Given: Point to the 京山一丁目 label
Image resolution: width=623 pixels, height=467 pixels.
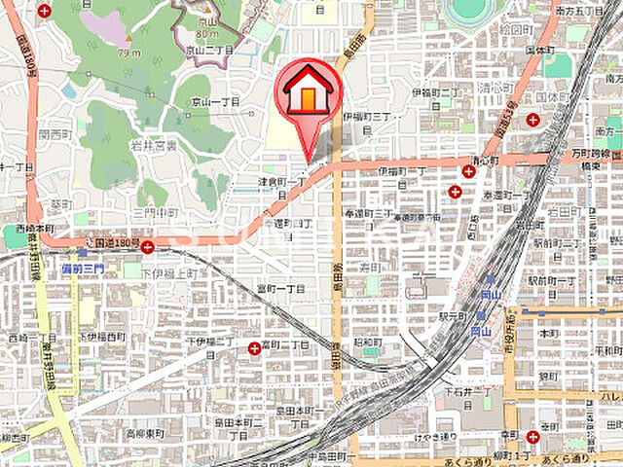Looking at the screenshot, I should [212, 101].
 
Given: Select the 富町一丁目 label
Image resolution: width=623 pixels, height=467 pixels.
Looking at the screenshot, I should [280, 289].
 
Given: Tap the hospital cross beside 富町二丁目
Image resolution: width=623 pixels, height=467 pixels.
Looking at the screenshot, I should [254, 346].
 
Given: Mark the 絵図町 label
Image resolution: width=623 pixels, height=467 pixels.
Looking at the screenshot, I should [513, 29].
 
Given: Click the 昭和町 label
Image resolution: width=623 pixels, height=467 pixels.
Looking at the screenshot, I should [366, 341].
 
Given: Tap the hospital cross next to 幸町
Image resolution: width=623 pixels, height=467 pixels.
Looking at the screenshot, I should [531, 437].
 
